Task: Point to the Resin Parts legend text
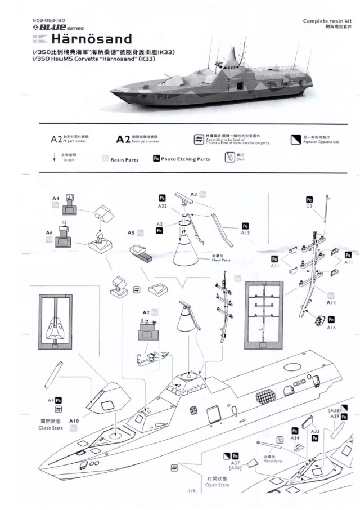click(124, 160)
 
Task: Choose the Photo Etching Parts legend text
click(185, 159)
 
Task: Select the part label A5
click(130, 232)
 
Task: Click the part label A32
click(161, 206)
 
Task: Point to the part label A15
click(245, 232)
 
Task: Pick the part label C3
click(309, 206)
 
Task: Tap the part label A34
click(295, 437)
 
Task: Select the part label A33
click(316, 431)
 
